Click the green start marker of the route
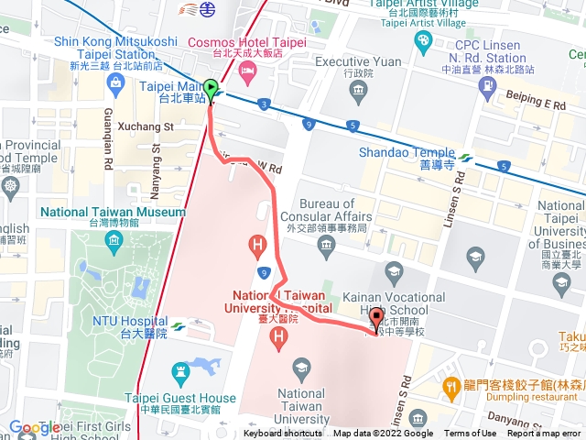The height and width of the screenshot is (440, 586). coord(211,90)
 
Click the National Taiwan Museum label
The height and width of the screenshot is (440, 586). coord(113,212)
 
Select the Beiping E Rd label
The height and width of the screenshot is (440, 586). coord(535,104)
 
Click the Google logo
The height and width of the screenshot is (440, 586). coord(35,427)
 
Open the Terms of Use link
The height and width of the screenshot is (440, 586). coord(470,434)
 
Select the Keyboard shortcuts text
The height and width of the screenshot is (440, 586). coord(284,434)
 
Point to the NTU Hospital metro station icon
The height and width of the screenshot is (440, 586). coord(178,325)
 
